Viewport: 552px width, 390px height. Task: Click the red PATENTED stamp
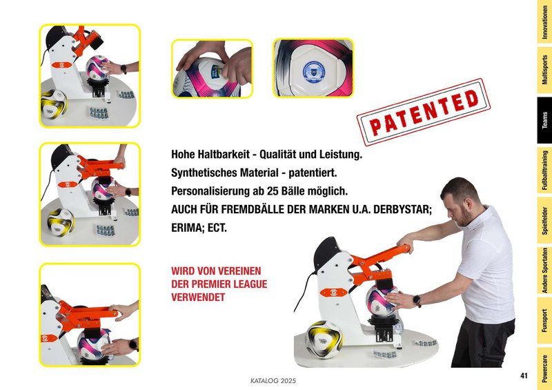point(424,112)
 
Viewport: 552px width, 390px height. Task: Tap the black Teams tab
point(544,120)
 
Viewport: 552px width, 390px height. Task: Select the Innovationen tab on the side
point(544,22)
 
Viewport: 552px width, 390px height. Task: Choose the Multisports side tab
point(544,70)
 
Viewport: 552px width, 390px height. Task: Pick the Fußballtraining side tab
point(544,170)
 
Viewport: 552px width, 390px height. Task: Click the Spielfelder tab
point(544,220)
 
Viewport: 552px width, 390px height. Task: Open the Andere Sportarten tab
point(544,270)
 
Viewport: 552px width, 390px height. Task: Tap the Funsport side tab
point(544,320)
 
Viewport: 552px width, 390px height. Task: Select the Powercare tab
point(544,369)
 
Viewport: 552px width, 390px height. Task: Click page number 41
point(524,376)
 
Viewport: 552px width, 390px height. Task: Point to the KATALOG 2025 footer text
point(273,381)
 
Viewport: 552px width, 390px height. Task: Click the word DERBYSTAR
point(402,209)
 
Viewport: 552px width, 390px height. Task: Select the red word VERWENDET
point(198,298)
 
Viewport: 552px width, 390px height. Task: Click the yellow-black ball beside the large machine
point(324,340)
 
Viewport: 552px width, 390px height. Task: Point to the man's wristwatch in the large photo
point(417,300)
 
